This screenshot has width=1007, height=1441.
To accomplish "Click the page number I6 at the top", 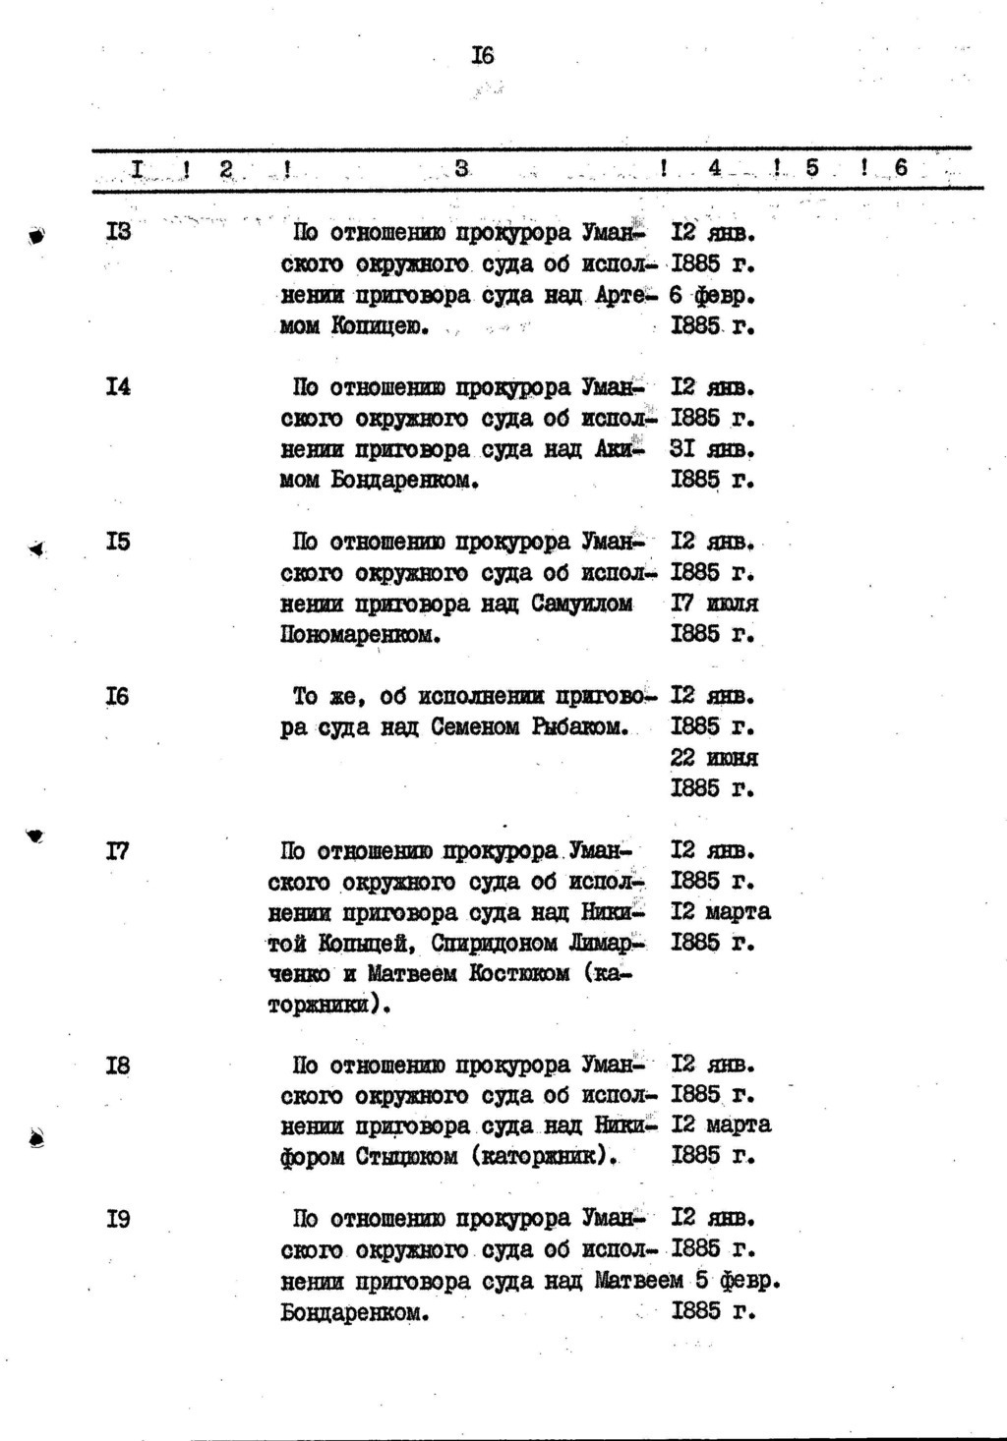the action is [482, 56].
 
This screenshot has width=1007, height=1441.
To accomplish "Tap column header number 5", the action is [812, 168].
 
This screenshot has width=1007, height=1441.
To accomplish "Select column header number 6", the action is [901, 168].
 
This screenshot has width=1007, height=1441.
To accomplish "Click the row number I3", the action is [118, 233].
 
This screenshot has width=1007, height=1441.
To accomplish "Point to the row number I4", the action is [118, 387].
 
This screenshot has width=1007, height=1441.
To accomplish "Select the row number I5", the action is [118, 542].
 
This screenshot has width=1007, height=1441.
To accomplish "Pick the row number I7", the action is [118, 850].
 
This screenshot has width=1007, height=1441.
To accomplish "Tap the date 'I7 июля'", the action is [714, 604].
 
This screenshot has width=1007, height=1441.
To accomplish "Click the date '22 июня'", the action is [714, 758].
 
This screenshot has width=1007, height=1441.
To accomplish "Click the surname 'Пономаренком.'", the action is [360, 635].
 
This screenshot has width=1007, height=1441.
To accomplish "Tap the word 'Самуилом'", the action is [582, 604].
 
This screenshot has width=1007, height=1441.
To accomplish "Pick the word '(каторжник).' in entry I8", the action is [546, 1157].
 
